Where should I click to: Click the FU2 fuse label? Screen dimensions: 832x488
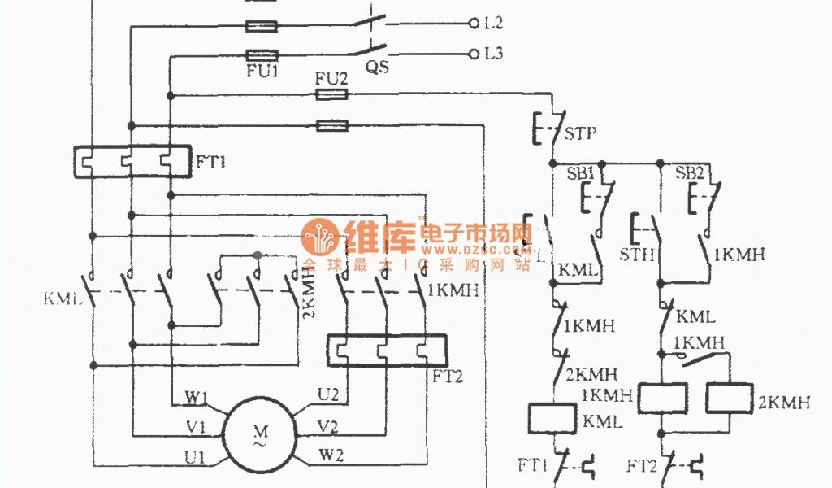coord(331,79)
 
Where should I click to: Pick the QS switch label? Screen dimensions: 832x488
coord(376,68)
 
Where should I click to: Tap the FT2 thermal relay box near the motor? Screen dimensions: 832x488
coord(386,351)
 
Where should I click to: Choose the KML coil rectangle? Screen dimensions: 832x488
coord(553,418)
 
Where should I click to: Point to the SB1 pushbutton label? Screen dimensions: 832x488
coord(580,172)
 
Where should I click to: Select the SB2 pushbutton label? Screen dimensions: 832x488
coord(691,172)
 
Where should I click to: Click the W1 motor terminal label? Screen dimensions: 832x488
coord(196,398)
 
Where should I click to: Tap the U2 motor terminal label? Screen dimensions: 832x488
coord(327,394)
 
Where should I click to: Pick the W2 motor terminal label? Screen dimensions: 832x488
coord(331,454)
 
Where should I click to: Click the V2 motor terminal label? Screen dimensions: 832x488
coord(327,425)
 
